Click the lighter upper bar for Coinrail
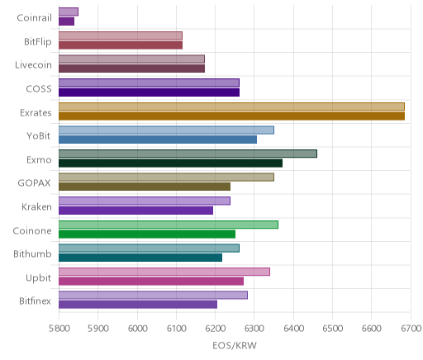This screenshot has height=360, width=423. click(69, 12)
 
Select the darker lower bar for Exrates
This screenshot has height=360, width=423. click(231, 116)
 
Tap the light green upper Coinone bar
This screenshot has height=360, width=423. click(169, 225)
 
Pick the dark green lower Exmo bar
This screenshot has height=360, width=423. click(170, 163)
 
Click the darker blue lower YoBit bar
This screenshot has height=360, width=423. click(158, 140)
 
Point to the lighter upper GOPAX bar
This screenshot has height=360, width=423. click(166, 178)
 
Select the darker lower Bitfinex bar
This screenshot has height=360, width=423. click(138, 305)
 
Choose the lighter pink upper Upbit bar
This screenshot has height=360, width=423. click(164, 272)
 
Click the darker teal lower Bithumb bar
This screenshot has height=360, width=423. click(140, 258)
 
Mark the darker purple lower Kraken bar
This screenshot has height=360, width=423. click(135, 211)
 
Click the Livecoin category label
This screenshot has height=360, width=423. click(33, 65)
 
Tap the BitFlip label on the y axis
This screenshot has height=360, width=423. click(38, 42)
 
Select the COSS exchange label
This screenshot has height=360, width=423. click(39, 88)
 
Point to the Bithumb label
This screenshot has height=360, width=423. click(32, 253)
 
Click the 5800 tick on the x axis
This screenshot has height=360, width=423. click(59, 329)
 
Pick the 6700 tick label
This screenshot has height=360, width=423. click(411, 329)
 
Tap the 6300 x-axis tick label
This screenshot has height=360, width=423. click(254, 329)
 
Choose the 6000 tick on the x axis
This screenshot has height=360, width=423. click(137, 329)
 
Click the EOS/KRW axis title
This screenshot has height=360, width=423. click(235, 345)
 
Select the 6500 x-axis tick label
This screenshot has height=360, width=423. click(332, 329)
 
